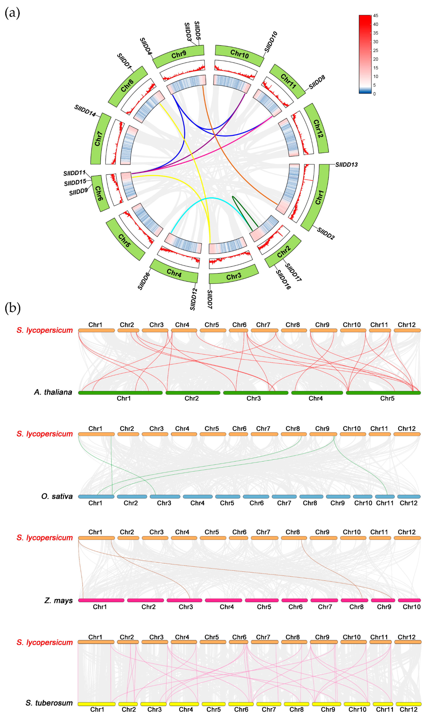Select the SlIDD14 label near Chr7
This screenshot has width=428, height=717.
click(x=85, y=110)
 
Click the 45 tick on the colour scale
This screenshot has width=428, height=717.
click(x=376, y=16)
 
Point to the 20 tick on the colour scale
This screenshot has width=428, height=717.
click(x=376, y=59)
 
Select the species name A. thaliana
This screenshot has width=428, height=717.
click(x=53, y=392)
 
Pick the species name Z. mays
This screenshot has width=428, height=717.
click(x=59, y=600)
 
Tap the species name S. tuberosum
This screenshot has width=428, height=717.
click(x=49, y=703)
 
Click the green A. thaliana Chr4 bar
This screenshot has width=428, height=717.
click(x=317, y=393)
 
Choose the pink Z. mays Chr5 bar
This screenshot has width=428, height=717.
click(x=262, y=600)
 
